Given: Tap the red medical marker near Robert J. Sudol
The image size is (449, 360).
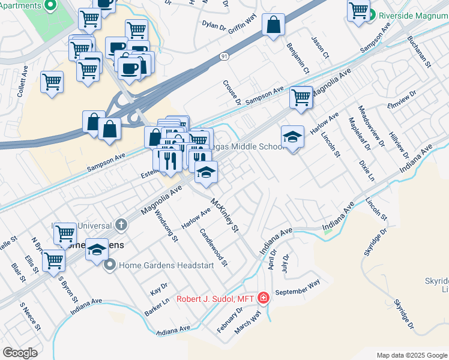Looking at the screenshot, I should click(x=263, y=298).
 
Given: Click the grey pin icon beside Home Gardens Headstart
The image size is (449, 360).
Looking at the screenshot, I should click(x=110, y=264).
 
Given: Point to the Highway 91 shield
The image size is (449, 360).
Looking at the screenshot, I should click(x=223, y=56).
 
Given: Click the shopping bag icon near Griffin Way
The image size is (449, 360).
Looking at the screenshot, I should click(x=274, y=25).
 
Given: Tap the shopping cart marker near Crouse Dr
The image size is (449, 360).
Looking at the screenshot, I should click(x=301, y=97).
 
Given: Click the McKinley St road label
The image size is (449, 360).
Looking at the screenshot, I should click(x=225, y=217).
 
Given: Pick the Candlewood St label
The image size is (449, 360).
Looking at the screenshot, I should click(x=214, y=247).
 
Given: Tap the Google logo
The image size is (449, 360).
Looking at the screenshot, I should click(x=20, y=353).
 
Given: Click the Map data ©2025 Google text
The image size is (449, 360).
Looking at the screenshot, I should click(x=412, y=355).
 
